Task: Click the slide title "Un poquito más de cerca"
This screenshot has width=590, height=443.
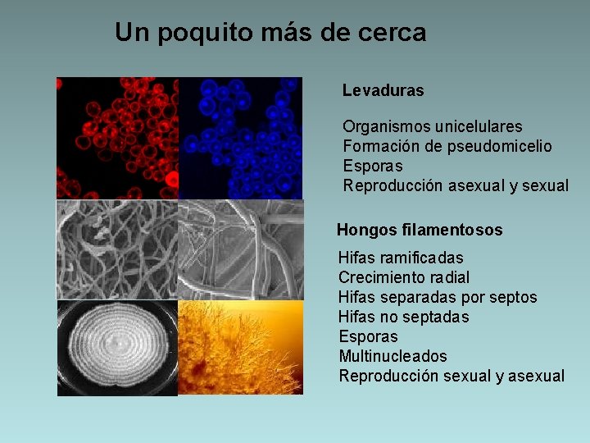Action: pos(270,33)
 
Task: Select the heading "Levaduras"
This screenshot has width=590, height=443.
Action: pos(383,90)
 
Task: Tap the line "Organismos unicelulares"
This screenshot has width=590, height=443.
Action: pos(432,127)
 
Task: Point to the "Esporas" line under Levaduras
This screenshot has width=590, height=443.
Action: pos(372,166)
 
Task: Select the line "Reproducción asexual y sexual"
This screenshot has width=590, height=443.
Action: pos(455,185)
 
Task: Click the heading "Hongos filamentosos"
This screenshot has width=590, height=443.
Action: pos(420,231)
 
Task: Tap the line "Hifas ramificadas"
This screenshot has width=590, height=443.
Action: pos(401,258)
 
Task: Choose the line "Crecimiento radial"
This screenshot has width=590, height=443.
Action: pos(404,277)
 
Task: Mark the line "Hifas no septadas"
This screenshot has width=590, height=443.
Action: pos(403,317)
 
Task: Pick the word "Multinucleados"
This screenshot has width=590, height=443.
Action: pos(393,356)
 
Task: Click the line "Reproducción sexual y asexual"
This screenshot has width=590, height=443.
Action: pos(452,376)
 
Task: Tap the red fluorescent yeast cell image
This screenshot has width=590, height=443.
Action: pos(117,138)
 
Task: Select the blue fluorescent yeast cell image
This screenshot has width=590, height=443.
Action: pos(240,138)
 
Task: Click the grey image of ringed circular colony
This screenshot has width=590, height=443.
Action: pos(117,348)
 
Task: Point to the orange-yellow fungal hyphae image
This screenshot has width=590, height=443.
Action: pos(240,348)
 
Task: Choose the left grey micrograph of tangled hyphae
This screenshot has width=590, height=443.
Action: pos(117,249)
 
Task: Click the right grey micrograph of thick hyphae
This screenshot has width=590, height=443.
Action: pos(240,249)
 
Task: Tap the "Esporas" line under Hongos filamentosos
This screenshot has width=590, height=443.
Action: pos(368,336)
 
